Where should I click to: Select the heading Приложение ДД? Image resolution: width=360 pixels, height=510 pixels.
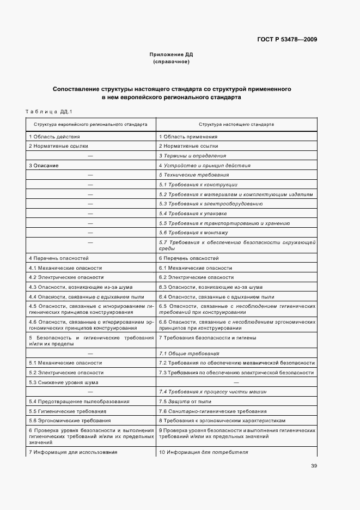[172, 54]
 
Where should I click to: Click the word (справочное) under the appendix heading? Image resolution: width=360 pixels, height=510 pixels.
[172, 62]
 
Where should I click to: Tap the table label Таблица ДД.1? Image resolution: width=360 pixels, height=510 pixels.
[49, 111]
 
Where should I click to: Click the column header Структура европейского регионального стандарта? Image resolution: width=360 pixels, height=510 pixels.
[88, 124]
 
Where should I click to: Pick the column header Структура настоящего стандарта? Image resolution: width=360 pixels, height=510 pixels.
[236, 124]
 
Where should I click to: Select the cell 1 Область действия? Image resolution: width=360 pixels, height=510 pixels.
[54, 137]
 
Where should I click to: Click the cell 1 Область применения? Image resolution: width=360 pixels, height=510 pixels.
[188, 137]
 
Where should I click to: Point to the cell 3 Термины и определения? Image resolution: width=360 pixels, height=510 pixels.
[192, 156]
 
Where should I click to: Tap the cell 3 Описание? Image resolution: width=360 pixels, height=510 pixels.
[44, 165]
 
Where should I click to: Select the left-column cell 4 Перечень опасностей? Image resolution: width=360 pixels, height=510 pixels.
[58, 258]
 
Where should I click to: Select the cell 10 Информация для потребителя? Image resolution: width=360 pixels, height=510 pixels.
[203, 452]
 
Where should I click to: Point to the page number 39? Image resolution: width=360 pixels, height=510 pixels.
[314, 466]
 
